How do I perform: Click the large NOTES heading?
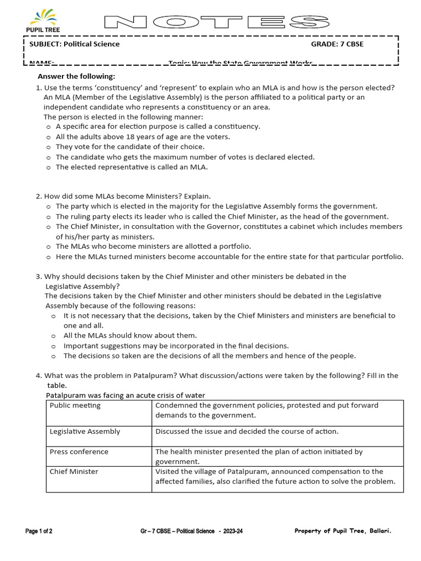tap(217, 22)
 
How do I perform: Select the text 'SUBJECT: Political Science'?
tap(75, 44)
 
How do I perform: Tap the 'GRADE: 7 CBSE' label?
tap(337, 44)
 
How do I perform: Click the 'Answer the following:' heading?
tap(76, 76)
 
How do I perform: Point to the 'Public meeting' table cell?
tap(75, 406)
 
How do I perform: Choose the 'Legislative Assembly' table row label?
tap(85, 432)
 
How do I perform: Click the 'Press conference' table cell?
tap(79, 452)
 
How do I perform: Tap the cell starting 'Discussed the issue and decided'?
tap(247, 432)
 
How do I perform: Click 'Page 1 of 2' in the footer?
tap(39, 531)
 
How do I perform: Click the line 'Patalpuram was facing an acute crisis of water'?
tap(125, 395)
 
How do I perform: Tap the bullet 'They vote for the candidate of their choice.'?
tap(130, 147)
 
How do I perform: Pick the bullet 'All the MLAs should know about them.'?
tap(130, 335)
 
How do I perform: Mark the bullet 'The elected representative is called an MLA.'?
tap(132, 167)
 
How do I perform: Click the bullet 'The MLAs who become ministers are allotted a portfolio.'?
tap(153, 247)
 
